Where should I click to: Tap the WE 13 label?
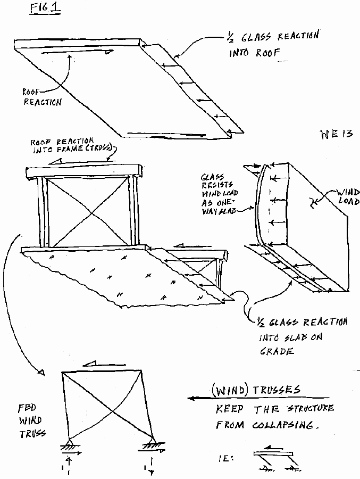click(336, 134)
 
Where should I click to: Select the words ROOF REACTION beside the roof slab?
click(42, 96)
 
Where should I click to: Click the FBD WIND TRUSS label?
click(30, 420)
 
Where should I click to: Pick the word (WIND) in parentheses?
click(227, 391)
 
